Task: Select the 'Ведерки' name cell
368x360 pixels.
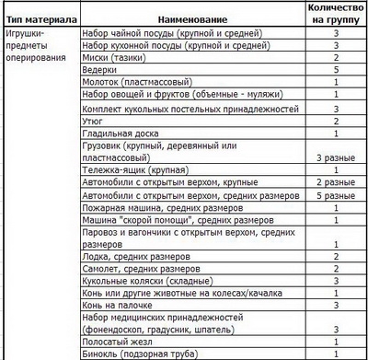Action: (100, 69)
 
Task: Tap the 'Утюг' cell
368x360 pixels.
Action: (94, 121)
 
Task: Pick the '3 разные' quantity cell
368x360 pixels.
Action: (337, 158)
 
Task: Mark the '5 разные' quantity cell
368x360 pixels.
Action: (337, 195)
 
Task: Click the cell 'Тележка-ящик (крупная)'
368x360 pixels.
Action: (137, 170)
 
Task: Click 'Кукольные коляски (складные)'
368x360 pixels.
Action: (147, 281)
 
